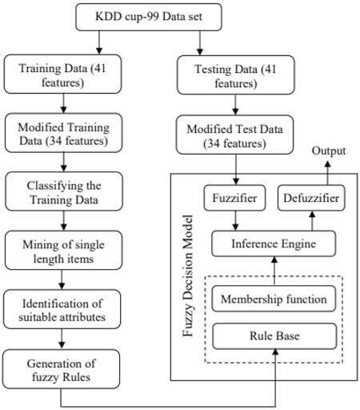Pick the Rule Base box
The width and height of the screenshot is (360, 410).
tap(273, 336)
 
